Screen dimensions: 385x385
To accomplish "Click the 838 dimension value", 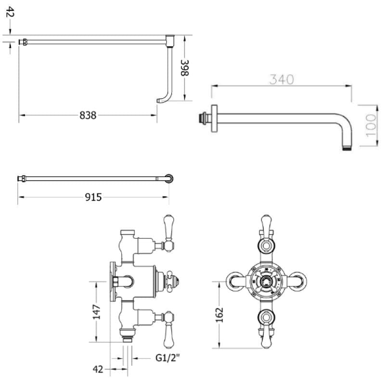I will tap(88, 115).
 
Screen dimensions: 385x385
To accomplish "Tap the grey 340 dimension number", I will tap(282, 79).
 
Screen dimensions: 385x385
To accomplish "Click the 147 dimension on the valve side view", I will tap(97, 312).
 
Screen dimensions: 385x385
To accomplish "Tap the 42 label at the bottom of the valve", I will tap(98, 370).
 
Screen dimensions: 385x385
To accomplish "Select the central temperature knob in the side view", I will tap(174, 280).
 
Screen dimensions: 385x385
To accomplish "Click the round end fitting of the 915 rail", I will tap(169, 179).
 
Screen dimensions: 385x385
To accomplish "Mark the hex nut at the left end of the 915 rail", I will tap(21, 179).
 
